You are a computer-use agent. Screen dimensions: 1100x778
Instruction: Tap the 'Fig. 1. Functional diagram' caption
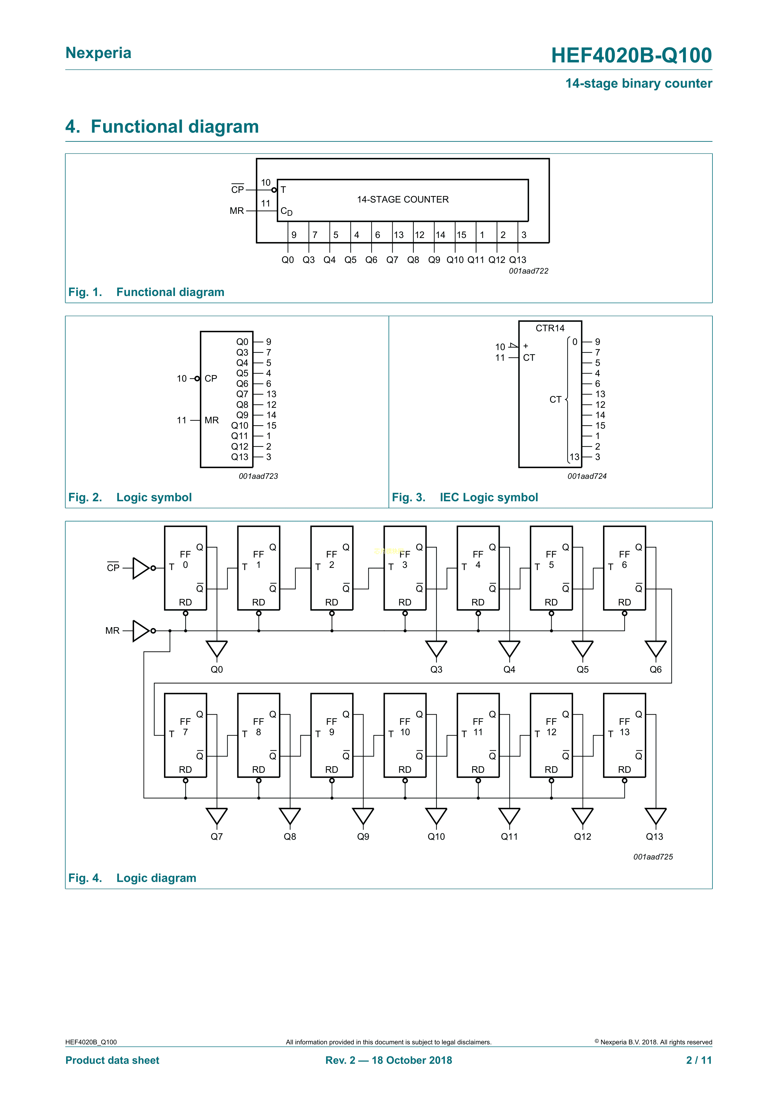146,292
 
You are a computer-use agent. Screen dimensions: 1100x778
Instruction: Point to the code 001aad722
528,271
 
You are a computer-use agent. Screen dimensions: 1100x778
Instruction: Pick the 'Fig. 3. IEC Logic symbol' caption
465,497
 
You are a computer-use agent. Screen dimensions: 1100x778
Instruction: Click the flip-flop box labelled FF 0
185,568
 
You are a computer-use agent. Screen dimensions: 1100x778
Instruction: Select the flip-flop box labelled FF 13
624,735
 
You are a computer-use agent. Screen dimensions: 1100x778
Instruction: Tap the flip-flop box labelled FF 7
185,735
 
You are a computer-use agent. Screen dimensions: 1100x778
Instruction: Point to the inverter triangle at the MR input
141,631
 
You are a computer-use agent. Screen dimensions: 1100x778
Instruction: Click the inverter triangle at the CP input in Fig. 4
141,568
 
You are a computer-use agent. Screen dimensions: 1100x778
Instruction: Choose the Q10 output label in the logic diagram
436,837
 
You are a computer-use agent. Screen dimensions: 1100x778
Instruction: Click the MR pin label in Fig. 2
211,420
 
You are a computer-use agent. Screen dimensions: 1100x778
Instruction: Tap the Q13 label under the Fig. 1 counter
517,260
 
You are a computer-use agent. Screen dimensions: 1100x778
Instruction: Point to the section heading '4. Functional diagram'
162,126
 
